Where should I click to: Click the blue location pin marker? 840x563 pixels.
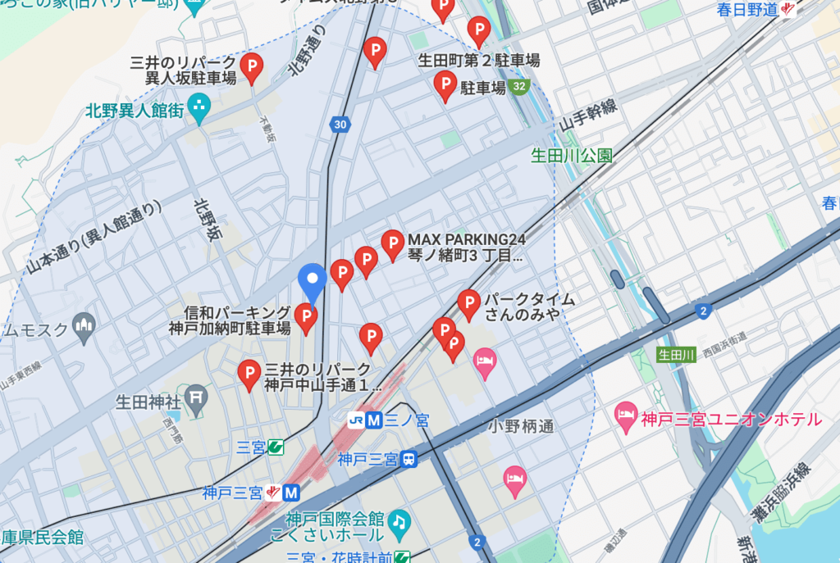click(312, 280)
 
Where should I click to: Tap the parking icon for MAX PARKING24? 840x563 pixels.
click(393, 243)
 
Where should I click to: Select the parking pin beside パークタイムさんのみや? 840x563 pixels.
click(468, 303)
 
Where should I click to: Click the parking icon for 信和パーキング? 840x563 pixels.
click(306, 317)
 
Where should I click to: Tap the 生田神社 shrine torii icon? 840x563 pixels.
click(195, 397)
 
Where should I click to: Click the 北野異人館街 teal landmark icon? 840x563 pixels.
click(199, 107)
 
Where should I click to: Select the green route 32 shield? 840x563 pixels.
click(518, 86)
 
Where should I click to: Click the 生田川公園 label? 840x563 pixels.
click(571, 155)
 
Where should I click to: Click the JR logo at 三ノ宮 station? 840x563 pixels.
click(356, 420)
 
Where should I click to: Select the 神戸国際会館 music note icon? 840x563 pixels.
click(399, 521)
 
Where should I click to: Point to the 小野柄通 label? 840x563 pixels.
click(521, 426)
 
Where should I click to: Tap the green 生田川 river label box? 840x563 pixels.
click(677, 354)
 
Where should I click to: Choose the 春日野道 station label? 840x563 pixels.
click(746, 10)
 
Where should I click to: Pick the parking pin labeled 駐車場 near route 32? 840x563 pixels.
click(445, 84)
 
